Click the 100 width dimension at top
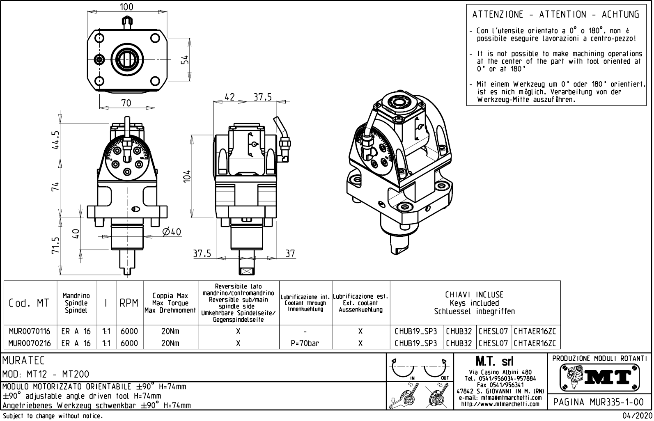[126, 7]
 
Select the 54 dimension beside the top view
[185, 60]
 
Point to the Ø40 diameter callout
[172, 232]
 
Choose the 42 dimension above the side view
[230, 97]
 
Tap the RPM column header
[129, 303]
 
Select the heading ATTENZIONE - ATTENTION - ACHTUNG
[555, 15]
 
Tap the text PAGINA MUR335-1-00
[599, 402]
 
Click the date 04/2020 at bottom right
[637, 416]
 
